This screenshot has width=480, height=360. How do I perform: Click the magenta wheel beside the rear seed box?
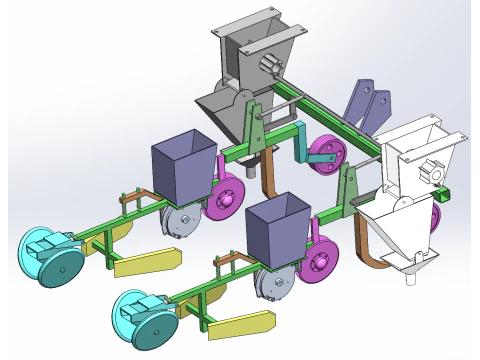(226, 198)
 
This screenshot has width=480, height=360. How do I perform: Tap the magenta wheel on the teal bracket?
(326, 155)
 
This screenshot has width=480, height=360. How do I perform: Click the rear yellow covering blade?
(147, 261)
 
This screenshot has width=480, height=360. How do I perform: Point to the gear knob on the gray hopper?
(267, 66)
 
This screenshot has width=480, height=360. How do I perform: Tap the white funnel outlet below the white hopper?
(409, 268)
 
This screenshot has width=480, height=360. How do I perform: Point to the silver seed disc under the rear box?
(179, 221)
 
